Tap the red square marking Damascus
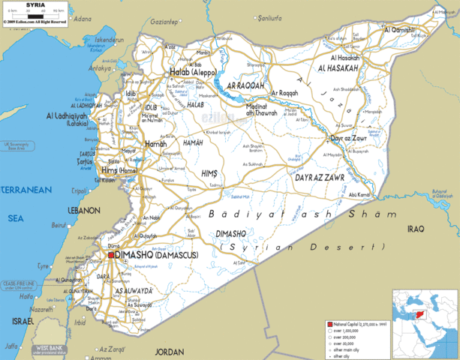pos(110,255)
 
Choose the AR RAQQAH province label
pos(241,86)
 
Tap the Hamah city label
pos(156,143)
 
